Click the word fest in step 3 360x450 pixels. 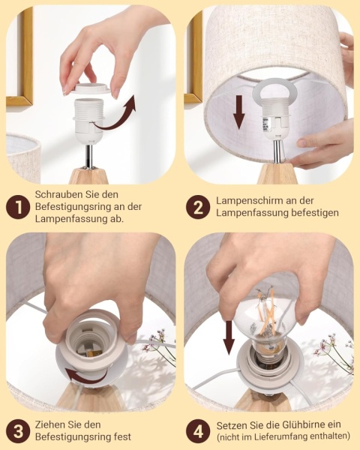[x=121, y=436]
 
